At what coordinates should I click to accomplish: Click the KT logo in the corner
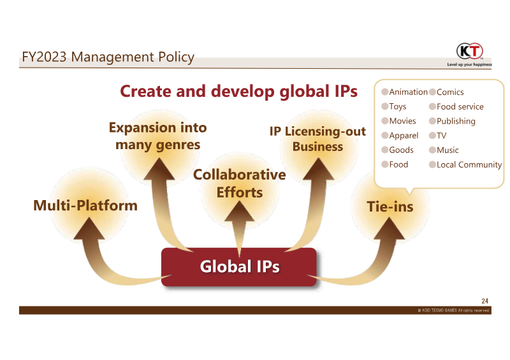pos(469,51)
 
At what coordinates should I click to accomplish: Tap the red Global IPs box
pos(238,267)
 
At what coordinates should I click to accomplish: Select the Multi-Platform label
pos(85,206)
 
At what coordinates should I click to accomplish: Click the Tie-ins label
pos(390,206)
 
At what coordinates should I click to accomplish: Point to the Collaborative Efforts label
pos(240,184)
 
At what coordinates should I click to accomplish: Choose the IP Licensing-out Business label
pos(317,139)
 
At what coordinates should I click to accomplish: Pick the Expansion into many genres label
pos(157,136)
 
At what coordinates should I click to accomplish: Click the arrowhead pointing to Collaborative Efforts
pos(240,212)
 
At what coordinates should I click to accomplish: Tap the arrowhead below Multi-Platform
pos(89,229)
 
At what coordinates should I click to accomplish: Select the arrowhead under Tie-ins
pos(390,229)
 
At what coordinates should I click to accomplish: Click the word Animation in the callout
pos(408,92)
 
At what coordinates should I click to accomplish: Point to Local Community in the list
pos(469,165)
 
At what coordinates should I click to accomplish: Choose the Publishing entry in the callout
pos(456,121)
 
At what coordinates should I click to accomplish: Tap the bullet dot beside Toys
pos(385,106)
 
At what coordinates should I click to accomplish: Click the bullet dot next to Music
pos(432,150)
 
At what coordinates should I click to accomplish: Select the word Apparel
pos(404,136)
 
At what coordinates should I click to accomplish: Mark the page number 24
pos(484,301)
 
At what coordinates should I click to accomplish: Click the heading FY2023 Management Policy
pos(108,57)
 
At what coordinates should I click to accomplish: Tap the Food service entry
pos(460,106)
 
